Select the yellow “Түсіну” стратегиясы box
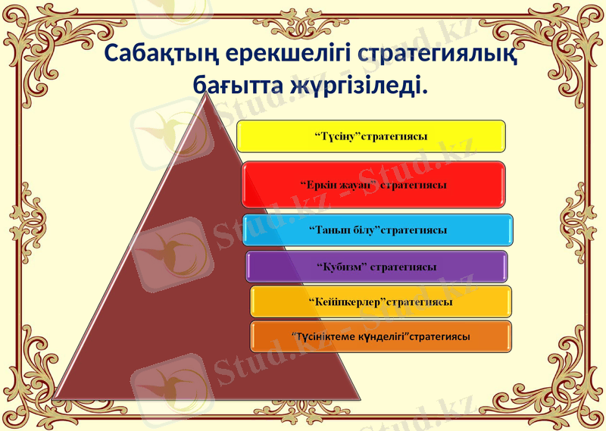(371, 136)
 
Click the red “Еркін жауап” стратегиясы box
(373, 184)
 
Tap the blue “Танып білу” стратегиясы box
(378, 230)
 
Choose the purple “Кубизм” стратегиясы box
(376, 267)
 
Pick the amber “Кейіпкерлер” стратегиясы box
(380, 301)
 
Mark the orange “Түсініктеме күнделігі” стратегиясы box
(380, 336)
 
